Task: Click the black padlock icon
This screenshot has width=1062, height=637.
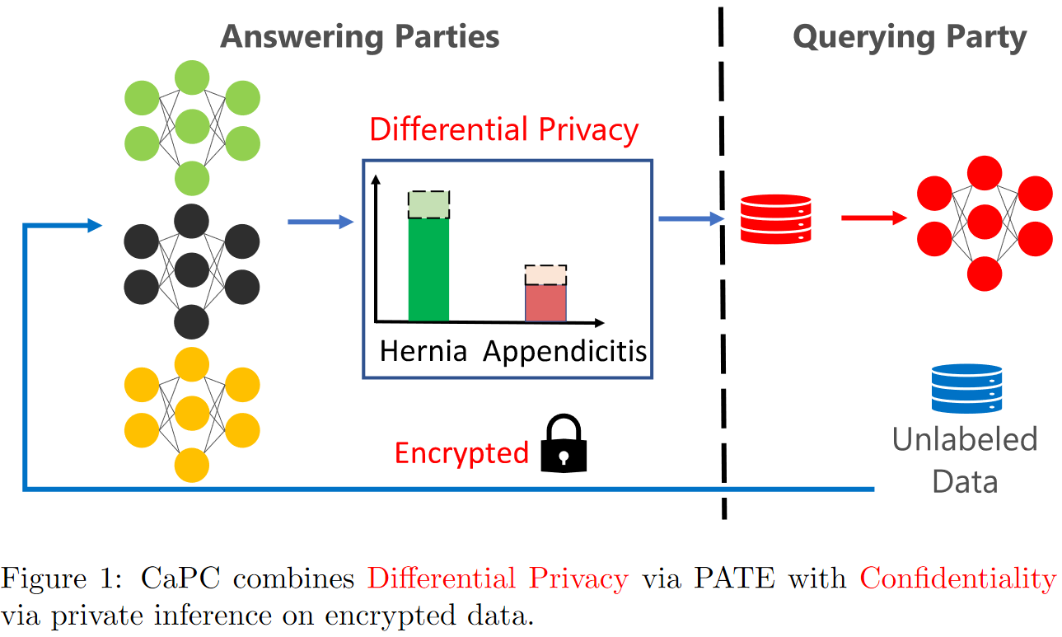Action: [x=564, y=443]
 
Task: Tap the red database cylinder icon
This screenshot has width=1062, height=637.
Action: [x=775, y=218]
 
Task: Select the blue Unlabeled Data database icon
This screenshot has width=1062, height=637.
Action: [x=966, y=388]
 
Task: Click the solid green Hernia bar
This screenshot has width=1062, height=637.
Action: [x=428, y=269]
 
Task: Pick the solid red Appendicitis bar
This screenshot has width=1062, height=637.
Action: [x=545, y=303]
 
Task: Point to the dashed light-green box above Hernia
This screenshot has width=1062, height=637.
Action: [x=428, y=204]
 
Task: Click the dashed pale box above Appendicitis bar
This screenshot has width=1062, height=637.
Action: [x=545, y=275]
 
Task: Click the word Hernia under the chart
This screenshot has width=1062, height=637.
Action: [x=423, y=352]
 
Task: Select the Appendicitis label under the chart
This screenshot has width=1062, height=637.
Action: [x=564, y=352]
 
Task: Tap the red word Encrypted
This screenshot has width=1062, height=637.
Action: [x=461, y=453]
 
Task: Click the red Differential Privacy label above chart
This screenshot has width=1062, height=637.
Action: [x=504, y=129]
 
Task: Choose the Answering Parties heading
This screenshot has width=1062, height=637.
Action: [x=360, y=36]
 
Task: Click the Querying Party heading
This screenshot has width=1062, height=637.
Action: [x=910, y=37]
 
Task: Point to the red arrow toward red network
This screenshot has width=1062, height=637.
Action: [x=874, y=218]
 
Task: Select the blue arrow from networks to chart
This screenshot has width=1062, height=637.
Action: [x=321, y=222]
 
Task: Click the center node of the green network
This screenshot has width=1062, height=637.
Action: [x=192, y=126]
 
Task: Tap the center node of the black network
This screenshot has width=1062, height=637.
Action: [x=192, y=270]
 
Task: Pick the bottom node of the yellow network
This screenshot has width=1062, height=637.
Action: [x=192, y=466]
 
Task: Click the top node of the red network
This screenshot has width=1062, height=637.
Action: [x=985, y=173]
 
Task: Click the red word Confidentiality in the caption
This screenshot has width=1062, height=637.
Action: [x=958, y=578]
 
